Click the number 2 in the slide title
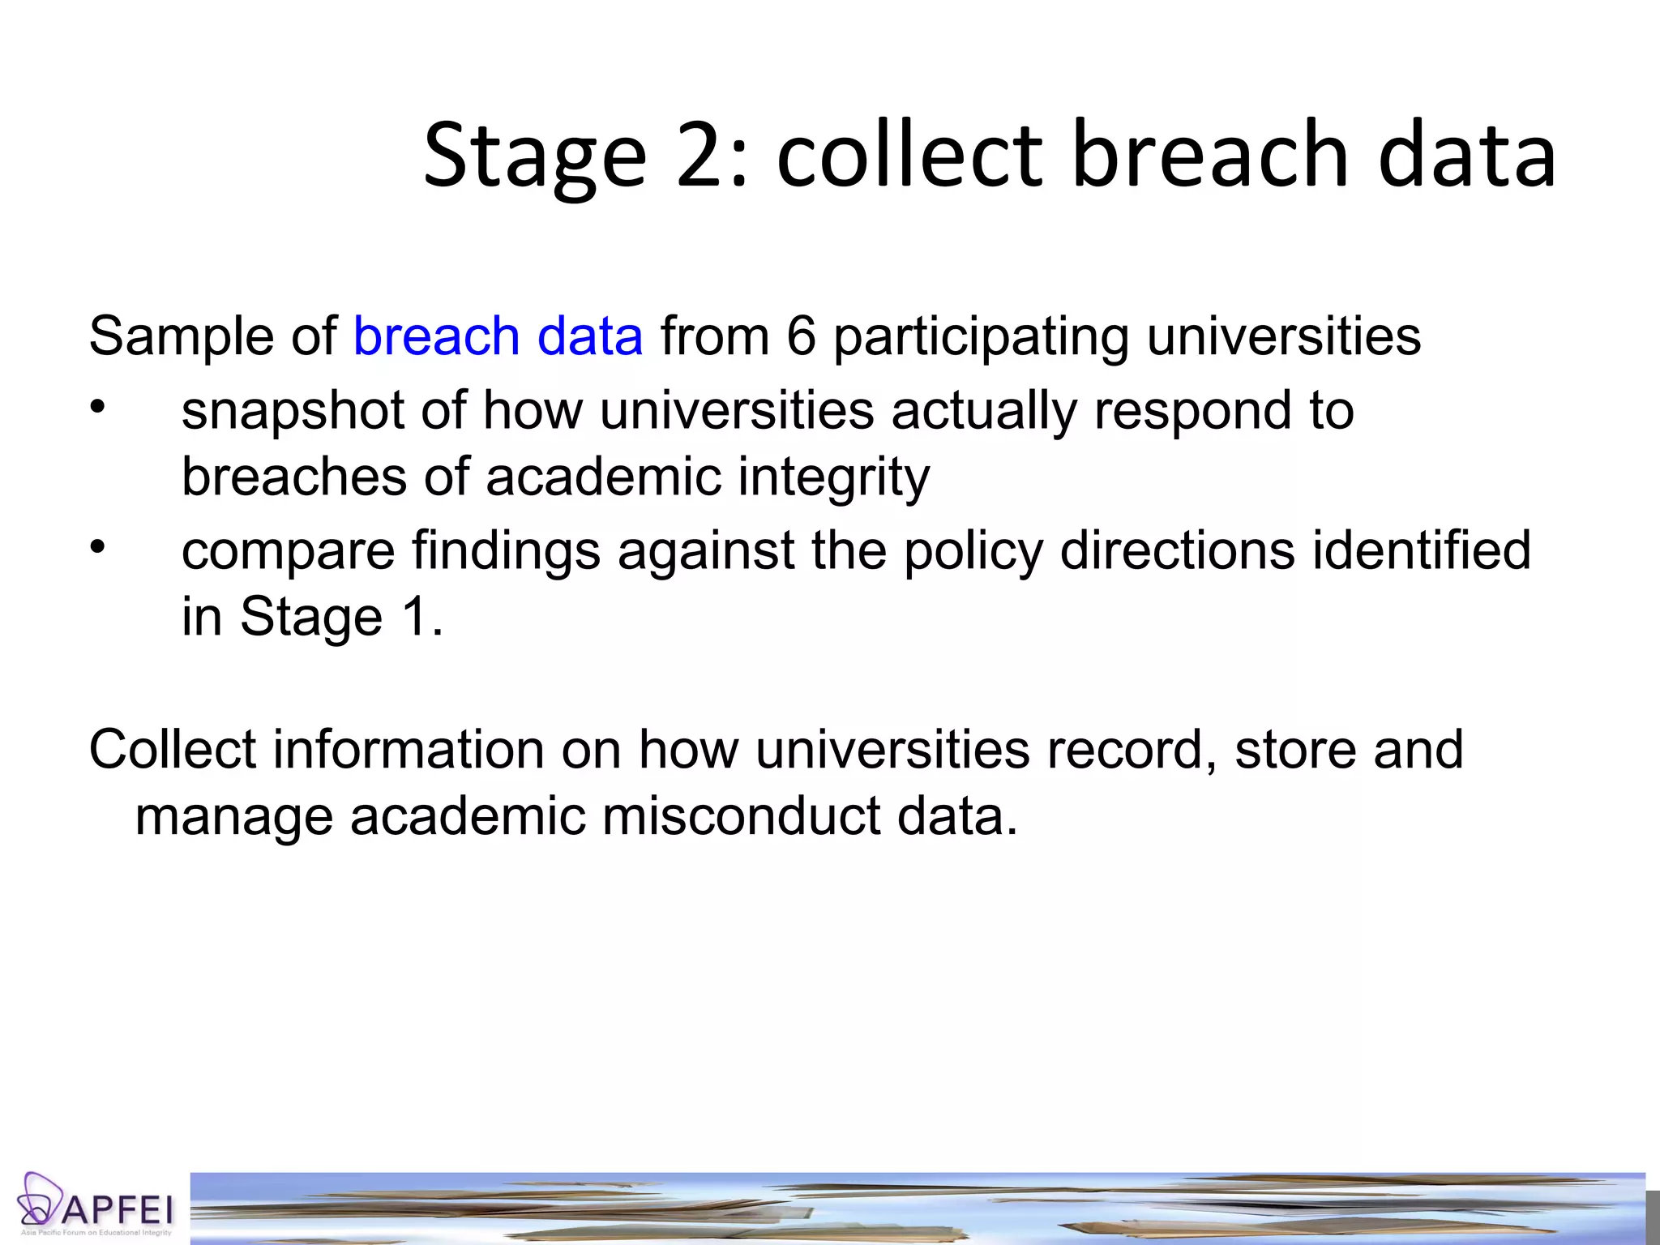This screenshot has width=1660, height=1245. pos(701,155)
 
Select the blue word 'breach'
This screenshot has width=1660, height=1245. pos(436,336)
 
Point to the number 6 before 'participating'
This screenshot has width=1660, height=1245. pos(800,336)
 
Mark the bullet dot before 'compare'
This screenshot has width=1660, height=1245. pos(97,546)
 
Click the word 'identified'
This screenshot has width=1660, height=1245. pos(1421,550)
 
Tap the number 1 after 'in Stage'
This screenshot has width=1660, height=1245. pos(414,618)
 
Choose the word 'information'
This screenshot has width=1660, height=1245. pos(408,749)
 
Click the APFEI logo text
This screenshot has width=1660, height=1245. pos(118,1210)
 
